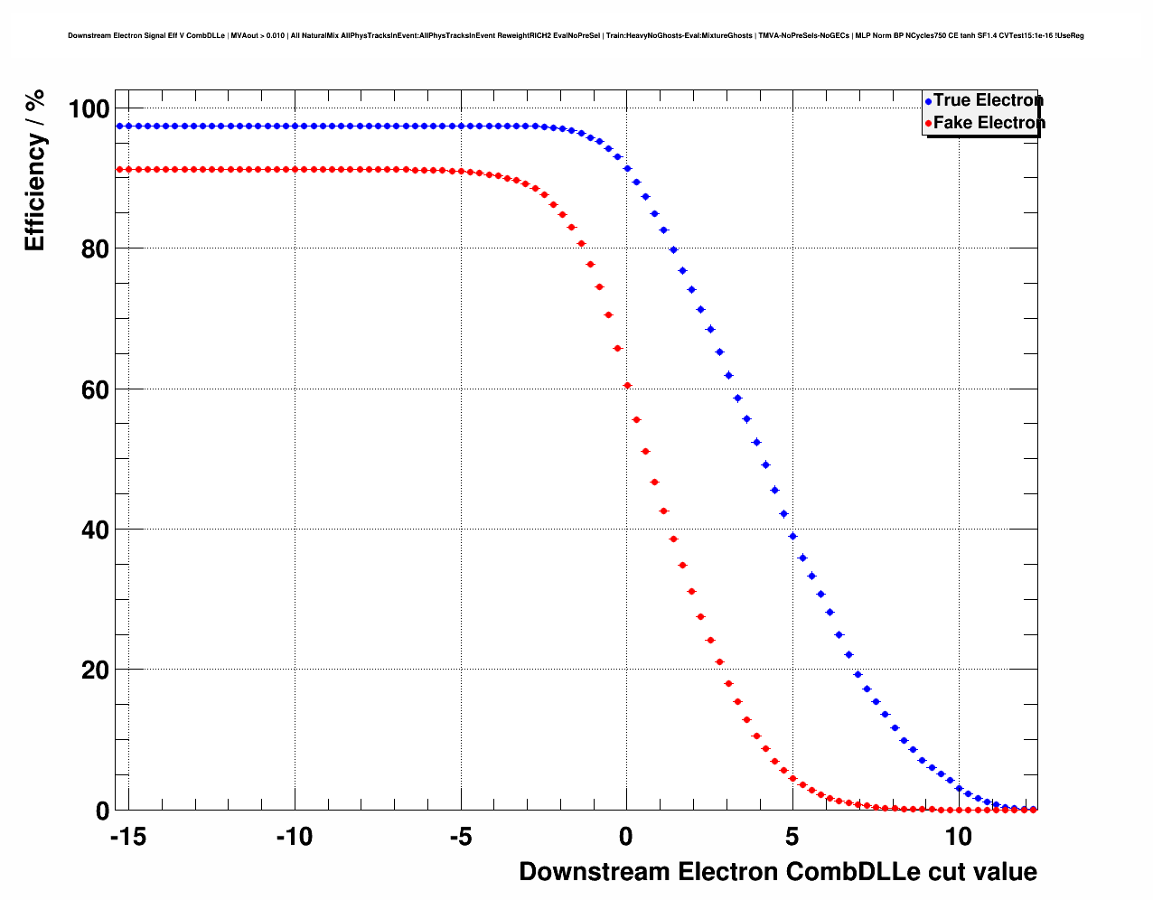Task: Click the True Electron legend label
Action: [x=988, y=100]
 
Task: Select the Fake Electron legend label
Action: [x=989, y=123]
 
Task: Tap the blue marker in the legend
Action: [x=928, y=101]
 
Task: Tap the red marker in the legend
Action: [x=928, y=124]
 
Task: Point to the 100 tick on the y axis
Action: [x=89, y=110]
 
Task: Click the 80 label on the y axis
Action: [x=95, y=249]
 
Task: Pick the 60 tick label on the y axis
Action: [x=95, y=390]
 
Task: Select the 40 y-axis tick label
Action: [x=95, y=530]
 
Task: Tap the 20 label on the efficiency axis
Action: [x=95, y=670]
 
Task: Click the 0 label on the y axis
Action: [x=102, y=811]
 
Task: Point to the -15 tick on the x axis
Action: [x=127, y=838]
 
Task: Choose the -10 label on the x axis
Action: [x=294, y=838]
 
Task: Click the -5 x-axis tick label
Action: [x=460, y=838]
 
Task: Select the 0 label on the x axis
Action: [x=626, y=838]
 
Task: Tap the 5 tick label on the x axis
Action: [x=792, y=838]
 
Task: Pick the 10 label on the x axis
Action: [x=959, y=838]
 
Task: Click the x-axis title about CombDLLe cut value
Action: [x=778, y=872]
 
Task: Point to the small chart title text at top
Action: [x=576, y=36]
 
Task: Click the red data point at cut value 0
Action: [x=627, y=386]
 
